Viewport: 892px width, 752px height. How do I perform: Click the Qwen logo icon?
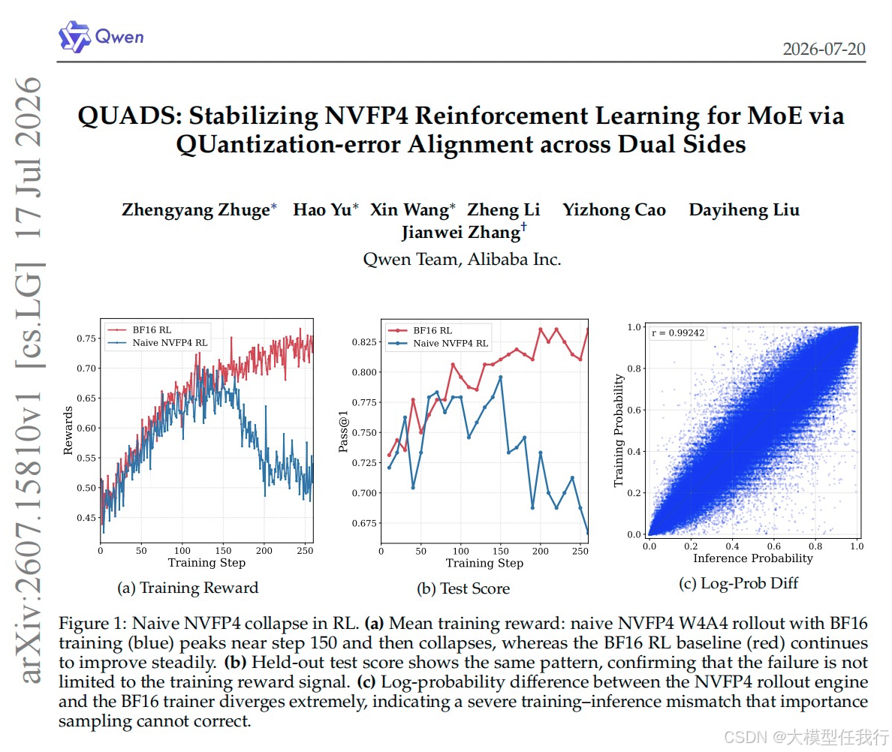tap(74, 37)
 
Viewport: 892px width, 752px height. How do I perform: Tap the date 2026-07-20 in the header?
tap(824, 50)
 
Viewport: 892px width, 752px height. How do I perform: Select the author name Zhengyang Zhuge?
tap(196, 209)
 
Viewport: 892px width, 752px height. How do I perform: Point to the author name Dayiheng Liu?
tap(744, 209)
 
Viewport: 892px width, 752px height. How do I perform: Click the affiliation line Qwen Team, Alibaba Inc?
tap(462, 259)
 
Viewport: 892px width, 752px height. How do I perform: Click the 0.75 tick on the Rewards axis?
tap(86, 338)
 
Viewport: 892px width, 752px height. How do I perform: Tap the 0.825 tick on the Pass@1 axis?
tap(364, 341)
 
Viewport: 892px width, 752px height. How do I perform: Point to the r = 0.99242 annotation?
tap(677, 333)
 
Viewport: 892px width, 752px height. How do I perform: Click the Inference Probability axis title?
tap(753, 558)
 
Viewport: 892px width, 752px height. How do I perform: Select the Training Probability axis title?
tap(619, 430)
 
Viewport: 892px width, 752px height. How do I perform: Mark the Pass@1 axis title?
tap(343, 432)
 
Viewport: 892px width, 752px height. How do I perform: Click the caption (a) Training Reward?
tap(188, 588)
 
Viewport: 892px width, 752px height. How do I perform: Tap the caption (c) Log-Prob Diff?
tap(738, 583)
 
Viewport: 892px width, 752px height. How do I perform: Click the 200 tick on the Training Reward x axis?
tap(264, 550)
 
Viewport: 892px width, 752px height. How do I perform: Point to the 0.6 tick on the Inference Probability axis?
tap(773, 546)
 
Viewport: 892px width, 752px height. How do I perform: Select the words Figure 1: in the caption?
tap(93, 624)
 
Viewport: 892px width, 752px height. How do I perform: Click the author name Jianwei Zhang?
tap(461, 233)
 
